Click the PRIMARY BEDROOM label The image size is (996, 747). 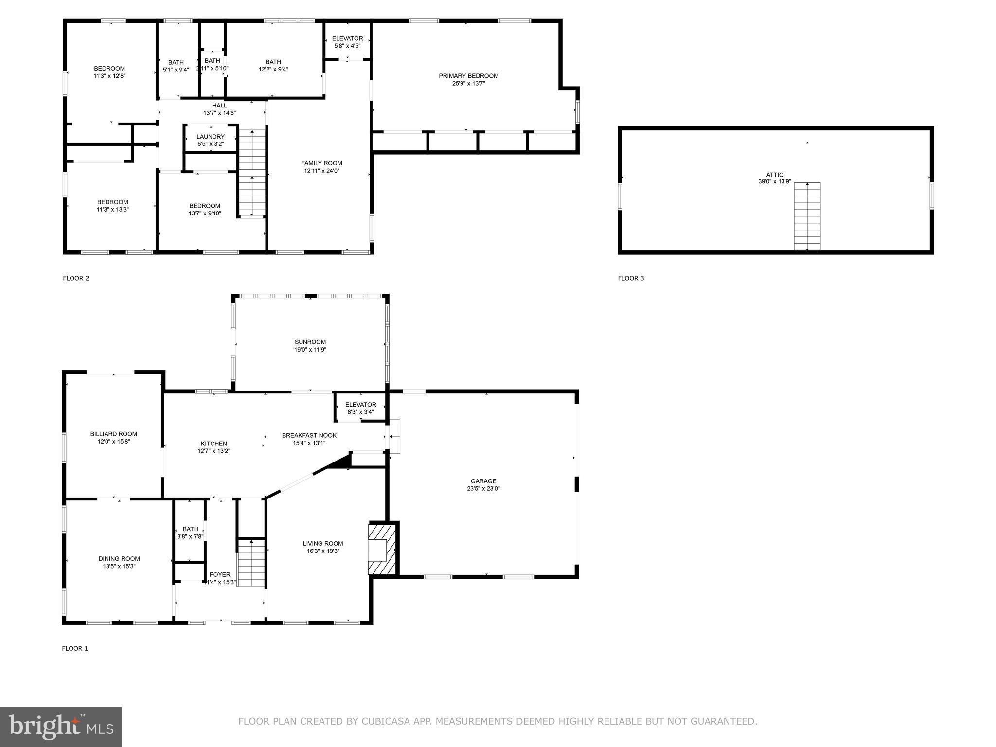click(x=468, y=76)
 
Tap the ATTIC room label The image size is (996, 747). click(x=775, y=175)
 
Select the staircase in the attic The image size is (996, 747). click(x=807, y=216)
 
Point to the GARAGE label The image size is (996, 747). click(x=483, y=481)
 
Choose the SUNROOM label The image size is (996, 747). click(x=310, y=342)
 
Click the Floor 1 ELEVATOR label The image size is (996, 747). click(x=360, y=405)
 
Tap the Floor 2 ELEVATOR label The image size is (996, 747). click(x=347, y=39)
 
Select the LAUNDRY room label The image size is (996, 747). click(x=211, y=137)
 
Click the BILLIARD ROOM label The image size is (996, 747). click(x=114, y=434)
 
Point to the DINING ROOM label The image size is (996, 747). click(x=119, y=559)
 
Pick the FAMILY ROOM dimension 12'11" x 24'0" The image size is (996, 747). click(x=321, y=171)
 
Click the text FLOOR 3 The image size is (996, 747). click(x=631, y=278)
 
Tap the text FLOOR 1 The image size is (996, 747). click(x=75, y=648)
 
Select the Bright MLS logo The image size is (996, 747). click(x=61, y=727)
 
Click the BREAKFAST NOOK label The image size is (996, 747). click(x=309, y=435)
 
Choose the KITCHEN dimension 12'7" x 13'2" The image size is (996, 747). click(x=213, y=451)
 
